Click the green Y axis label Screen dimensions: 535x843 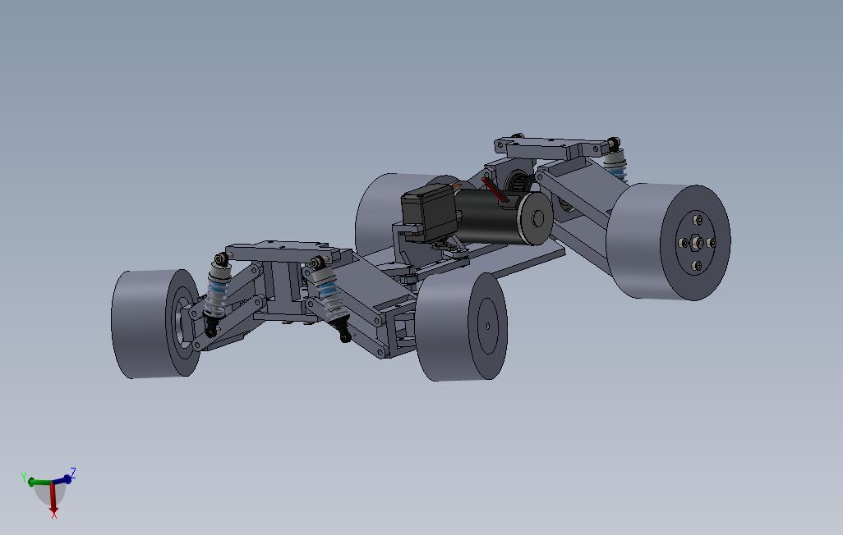[25, 477]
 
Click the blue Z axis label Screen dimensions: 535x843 [73, 473]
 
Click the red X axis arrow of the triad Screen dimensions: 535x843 [53, 501]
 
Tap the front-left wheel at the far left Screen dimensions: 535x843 [144, 323]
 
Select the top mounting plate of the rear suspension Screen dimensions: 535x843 [542, 149]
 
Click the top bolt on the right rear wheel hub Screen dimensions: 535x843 [696, 219]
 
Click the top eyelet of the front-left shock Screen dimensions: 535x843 [221, 261]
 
